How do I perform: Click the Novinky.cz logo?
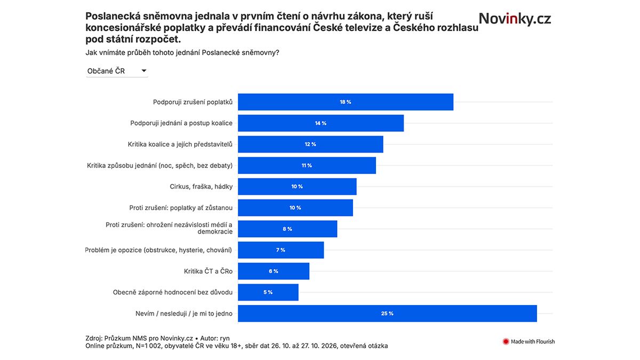pyautogui.click(x=515, y=19)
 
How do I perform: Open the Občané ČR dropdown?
pyautogui.click(x=117, y=71)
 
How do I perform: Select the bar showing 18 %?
pyautogui.click(x=346, y=102)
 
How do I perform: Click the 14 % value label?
pyautogui.click(x=321, y=123)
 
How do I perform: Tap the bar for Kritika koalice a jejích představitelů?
pyautogui.click(x=310, y=145)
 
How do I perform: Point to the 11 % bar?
pyautogui.click(x=307, y=165)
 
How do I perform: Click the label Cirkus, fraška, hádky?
pyautogui.click(x=201, y=187)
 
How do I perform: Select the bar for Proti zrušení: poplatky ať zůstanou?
pyautogui.click(x=295, y=207)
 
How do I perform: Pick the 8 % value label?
pyautogui.click(x=287, y=229)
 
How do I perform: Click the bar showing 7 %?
pyautogui.click(x=281, y=250)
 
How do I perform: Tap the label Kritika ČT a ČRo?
pyautogui.click(x=209, y=271)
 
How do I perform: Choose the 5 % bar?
pyautogui.click(x=268, y=292)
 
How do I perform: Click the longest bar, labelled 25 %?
pyautogui.click(x=387, y=314)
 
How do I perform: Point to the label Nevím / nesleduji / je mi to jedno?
pyautogui.click(x=184, y=314)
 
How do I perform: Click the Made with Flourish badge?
pyautogui.click(x=529, y=341)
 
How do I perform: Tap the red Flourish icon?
pyautogui.click(x=506, y=341)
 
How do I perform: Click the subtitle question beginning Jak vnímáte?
pyautogui.click(x=182, y=53)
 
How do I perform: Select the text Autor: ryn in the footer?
pyautogui.click(x=215, y=338)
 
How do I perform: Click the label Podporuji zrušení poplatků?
pyautogui.click(x=193, y=102)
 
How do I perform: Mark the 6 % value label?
pyautogui.click(x=274, y=271)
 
